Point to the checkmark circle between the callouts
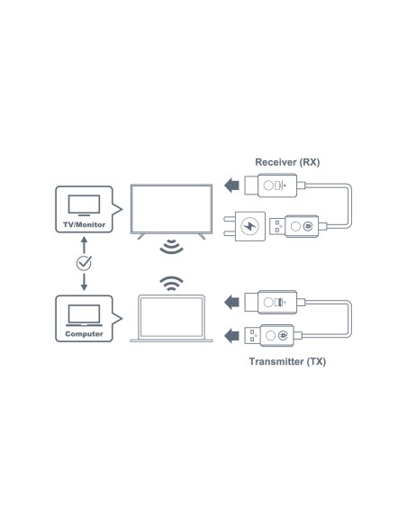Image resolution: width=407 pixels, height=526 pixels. click(x=84, y=263)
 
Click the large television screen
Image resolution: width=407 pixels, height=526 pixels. click(x=171, y=208)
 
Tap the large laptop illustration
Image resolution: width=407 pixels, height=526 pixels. click(x=172, y=318)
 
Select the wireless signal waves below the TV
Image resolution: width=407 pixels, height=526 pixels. click(x=172, y=248)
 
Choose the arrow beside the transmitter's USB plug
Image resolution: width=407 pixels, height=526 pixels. click(x=232, y=336)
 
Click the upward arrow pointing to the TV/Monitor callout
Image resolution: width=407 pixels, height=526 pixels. click(x=84, y=243)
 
